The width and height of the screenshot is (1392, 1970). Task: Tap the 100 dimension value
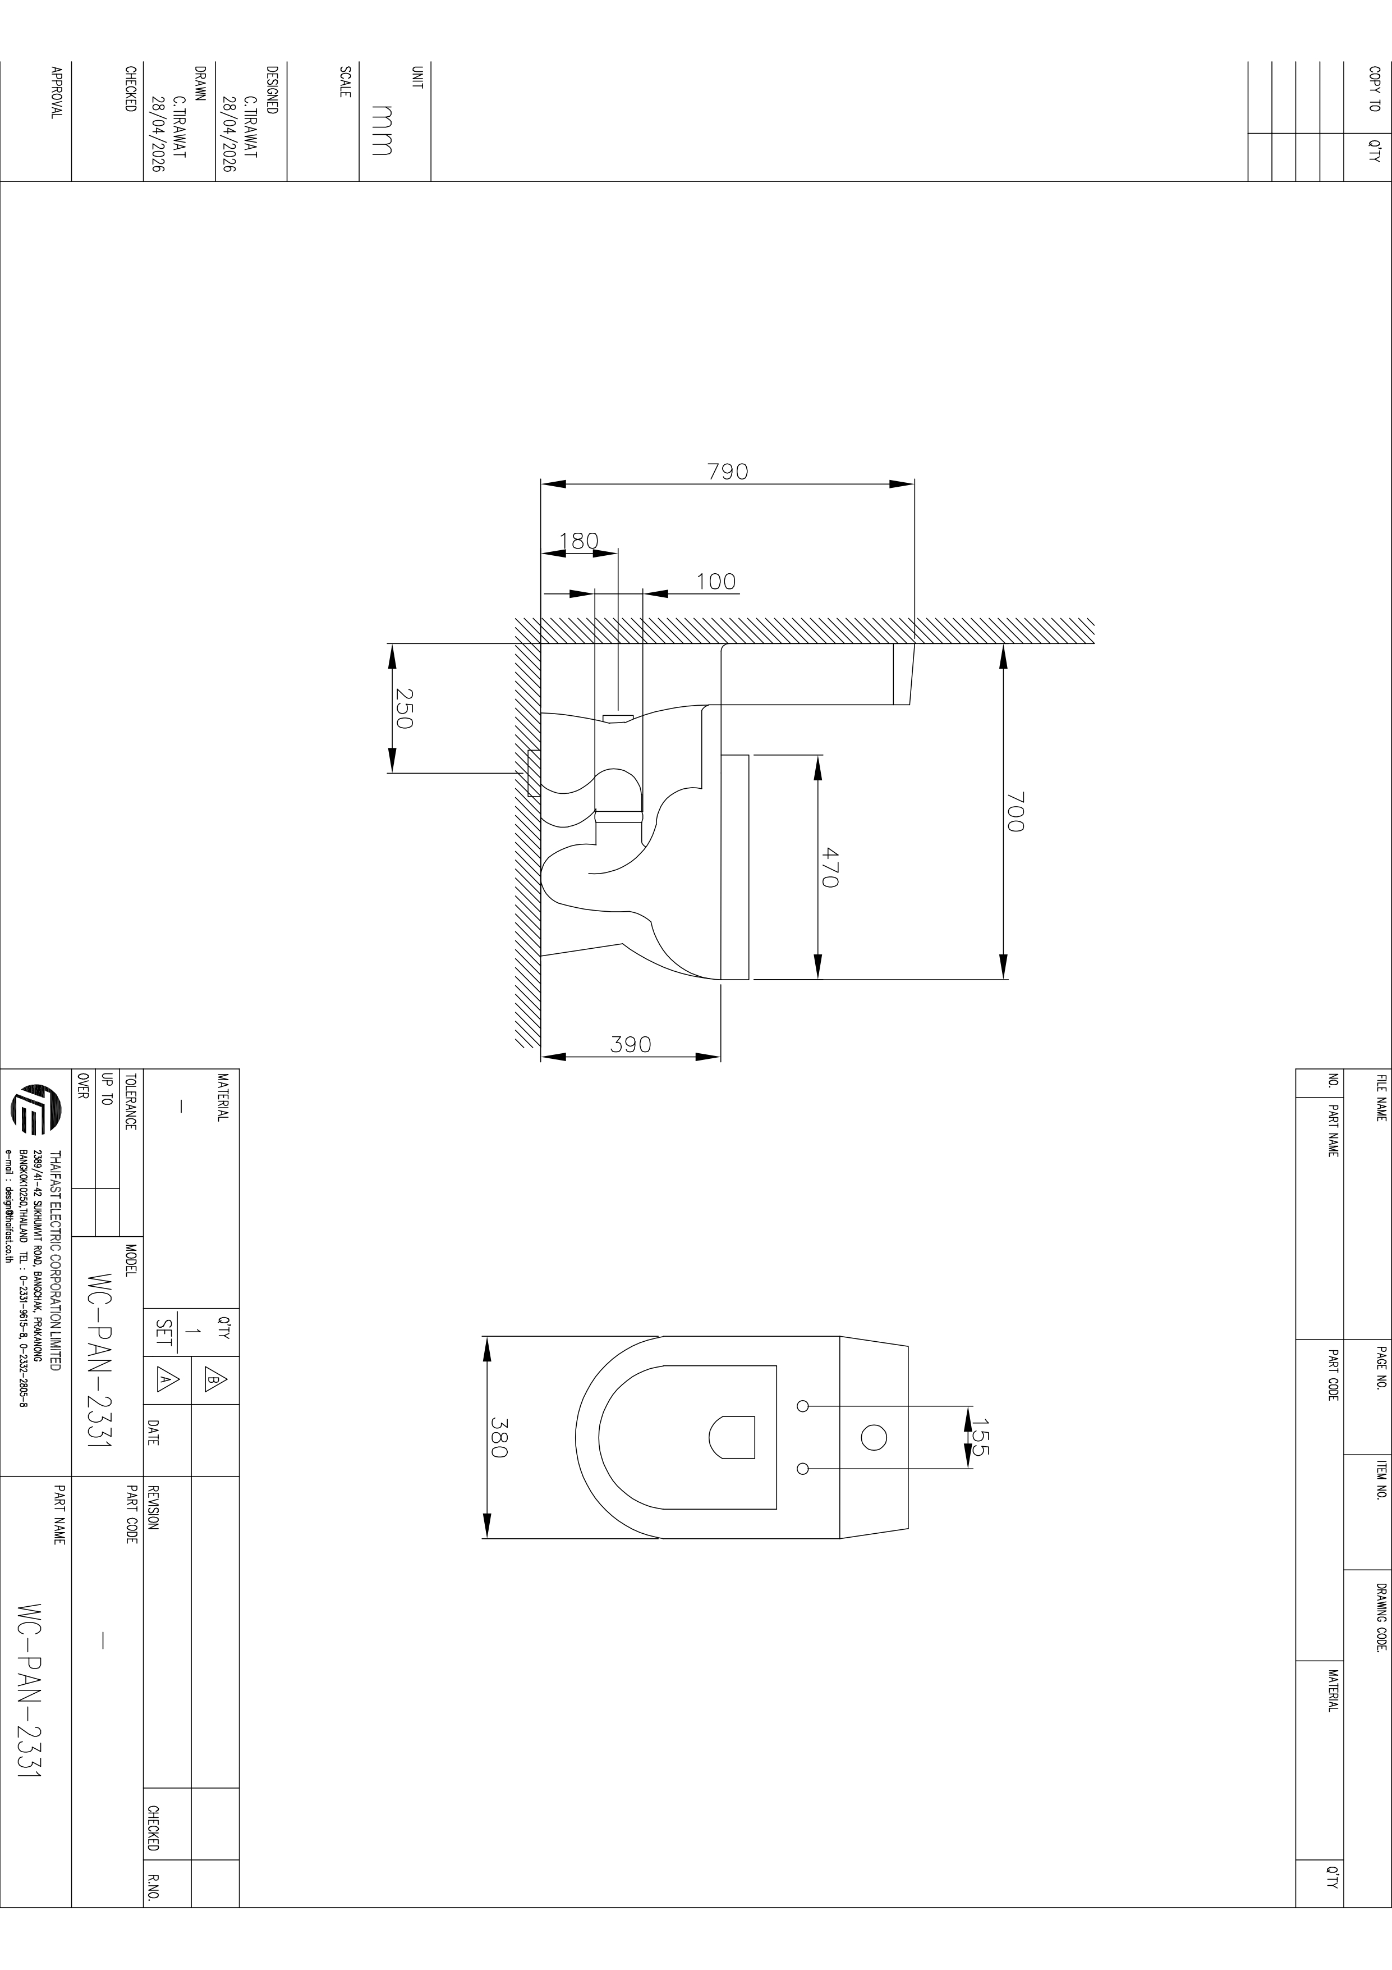tap(715, 582)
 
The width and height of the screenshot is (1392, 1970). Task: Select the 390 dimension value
tap(631, 1044)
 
